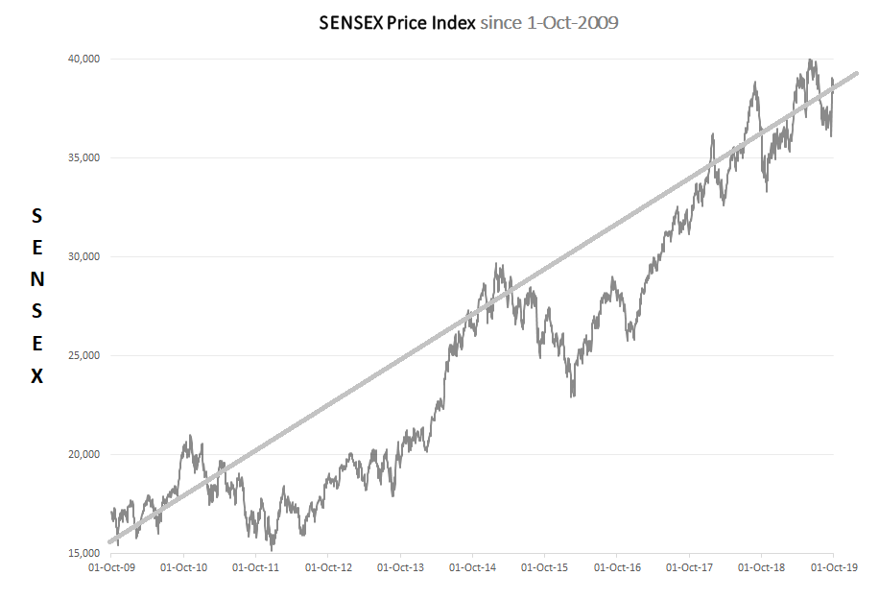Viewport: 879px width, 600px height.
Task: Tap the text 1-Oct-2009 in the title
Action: [x=574, y=21]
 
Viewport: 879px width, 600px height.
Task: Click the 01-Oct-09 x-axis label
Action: [x=111, y=567]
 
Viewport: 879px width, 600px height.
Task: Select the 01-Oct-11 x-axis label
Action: [x=255, y=567]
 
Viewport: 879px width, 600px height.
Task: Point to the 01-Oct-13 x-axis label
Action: [x=400, y=567]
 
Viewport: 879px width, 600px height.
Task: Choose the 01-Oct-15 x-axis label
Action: [x=544, y=567]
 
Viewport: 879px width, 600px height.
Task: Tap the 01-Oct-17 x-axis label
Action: [x=688, y=567]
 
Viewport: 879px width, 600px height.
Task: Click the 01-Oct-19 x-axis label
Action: [x=832, y=567]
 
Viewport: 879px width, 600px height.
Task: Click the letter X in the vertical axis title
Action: [x=36, y=376]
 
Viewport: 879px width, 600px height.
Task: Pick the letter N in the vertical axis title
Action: [x=36, y=278]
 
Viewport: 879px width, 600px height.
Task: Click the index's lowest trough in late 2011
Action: [x=272, y=549]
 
